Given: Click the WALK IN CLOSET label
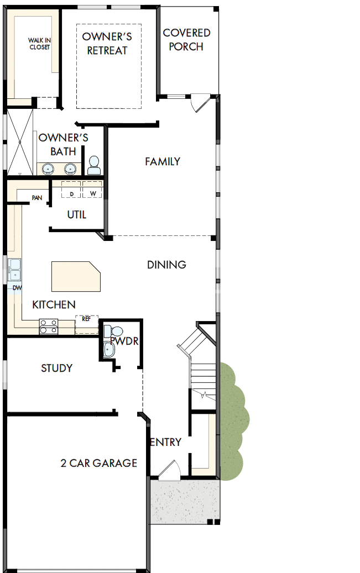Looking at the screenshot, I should [x=39, y=44].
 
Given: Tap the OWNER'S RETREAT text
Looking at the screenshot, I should [x=107, y=44].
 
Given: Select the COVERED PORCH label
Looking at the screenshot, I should [x=186, y=40].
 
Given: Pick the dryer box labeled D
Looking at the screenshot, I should [x=71, y=191].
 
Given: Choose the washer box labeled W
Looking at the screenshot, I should [x=92, y=191].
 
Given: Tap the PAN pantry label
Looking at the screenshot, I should [x=37, y=197].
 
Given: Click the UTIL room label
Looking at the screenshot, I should [x=76, y=214].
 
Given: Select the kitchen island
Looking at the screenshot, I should [x=76, y=277].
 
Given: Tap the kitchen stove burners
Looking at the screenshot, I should [x=48, y=327].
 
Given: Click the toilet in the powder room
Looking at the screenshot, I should [x=108, y=332].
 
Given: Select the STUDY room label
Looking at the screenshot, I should [x=56, y=368].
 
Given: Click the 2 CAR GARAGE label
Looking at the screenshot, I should [x=98, y=463].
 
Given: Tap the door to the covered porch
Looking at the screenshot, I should [x=199, y=103].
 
